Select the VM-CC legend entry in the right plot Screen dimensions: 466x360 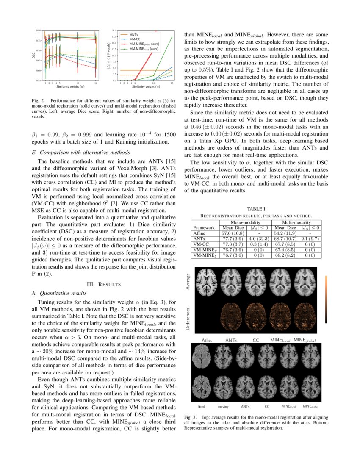135,39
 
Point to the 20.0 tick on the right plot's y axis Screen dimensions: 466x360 114,31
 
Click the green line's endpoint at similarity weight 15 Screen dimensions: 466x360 172,37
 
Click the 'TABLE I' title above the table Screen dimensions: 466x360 256,208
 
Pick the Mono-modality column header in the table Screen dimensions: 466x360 244,222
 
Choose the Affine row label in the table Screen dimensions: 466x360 199,233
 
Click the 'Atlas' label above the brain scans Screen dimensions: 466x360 207,340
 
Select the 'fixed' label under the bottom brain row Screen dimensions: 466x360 202,407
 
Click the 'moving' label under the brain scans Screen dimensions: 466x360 223,407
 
